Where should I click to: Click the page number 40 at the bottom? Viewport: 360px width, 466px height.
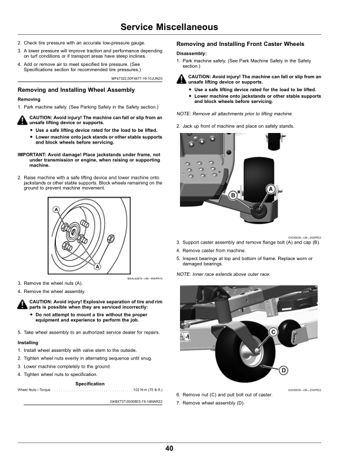(x=169, y=449)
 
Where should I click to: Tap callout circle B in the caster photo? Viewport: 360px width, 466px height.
(x=233, y=195)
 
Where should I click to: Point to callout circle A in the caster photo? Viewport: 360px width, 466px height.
(x=271, y=189)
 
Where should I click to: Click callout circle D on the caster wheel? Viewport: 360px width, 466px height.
(x=283, y=370)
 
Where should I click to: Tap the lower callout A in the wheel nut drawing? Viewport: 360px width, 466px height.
(x=96, y=267)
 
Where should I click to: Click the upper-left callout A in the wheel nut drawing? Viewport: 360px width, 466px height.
(x=56, y=210)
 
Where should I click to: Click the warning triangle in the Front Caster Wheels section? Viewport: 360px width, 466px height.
(x=182, y=78)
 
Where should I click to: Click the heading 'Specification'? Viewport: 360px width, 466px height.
(x=90, y=384)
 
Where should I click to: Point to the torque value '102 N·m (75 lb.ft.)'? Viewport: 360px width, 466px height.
(x=148, y=390)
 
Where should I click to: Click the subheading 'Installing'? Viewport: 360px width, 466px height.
(x=28, y=342)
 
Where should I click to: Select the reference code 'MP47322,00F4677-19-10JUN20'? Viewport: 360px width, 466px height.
(x=136, y=78)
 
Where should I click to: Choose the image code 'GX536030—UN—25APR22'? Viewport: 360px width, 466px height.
(x=304, y=389)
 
